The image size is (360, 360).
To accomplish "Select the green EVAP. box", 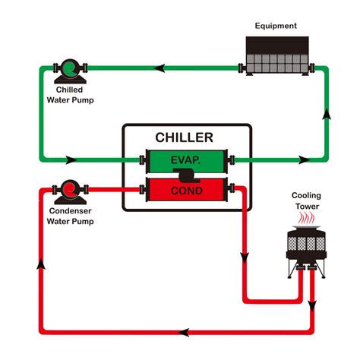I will point(185,161).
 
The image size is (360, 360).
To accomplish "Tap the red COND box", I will point(185,190).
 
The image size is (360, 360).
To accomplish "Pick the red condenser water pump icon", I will point(69,189).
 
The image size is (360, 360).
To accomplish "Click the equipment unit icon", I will point(278,54).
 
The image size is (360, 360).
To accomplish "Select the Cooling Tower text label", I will point(306,200).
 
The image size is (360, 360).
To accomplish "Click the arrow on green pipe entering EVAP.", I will point(71,160).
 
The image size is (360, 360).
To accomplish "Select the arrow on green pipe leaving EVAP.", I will point(303,160).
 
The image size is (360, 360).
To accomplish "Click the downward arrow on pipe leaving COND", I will point(244,256).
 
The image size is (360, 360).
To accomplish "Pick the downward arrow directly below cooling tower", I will point(312,305).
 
